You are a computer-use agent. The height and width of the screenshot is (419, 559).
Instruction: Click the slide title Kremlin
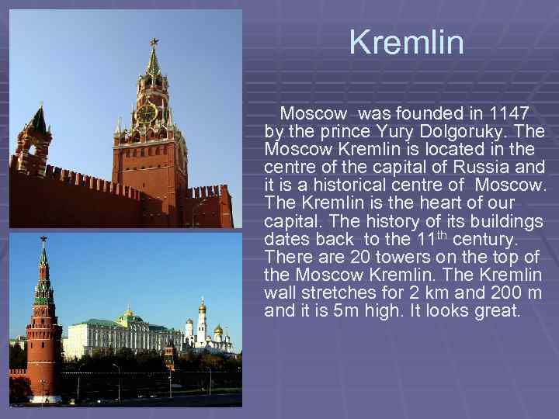[406, 43]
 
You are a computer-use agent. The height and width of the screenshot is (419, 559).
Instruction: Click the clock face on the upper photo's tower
[146, 114]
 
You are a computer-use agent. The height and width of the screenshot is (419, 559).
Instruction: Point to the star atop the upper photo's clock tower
[154, 41]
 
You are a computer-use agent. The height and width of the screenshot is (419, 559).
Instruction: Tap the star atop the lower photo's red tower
[43, 240]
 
